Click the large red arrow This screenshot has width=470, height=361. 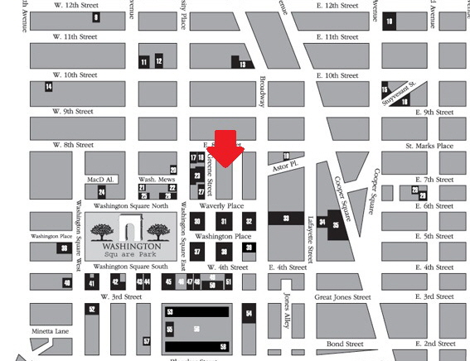click(x=225, y=150)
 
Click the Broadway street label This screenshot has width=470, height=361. click(x=262, y=92)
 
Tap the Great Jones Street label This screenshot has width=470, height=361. click(x=342, y=297)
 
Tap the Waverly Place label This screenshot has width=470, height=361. click(x=222, y=206)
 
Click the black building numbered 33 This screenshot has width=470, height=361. click(x=286, y=219)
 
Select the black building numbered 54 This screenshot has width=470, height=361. click(x=248, y=314)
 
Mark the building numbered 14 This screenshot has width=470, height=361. click(x=49, y=86)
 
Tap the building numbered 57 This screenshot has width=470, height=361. click(x=147, y=340)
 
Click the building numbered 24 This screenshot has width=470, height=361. click(x=101, y=192)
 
